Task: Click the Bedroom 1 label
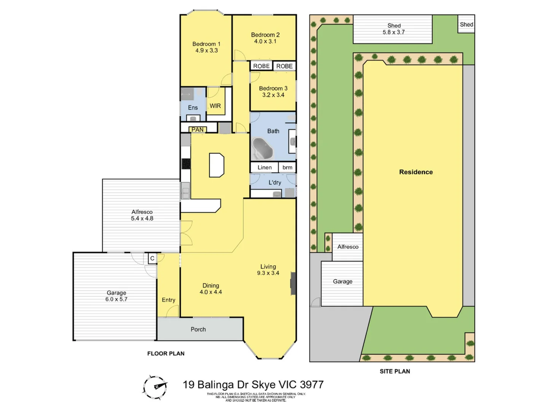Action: click(206, 44)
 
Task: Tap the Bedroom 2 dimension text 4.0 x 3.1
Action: click(265, 41)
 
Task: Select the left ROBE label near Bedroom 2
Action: click(261, 66)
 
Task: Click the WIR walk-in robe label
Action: click(215, 106)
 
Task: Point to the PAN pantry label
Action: click(198, 130)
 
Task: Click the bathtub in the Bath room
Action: click(263, 149)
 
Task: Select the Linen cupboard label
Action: click(264, 167)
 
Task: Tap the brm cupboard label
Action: click(287, 167)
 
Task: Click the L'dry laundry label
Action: click(275, 183)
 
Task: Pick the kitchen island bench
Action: click(217, 165)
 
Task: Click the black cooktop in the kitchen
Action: click(186, 164)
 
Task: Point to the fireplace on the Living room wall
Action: click(293, 283)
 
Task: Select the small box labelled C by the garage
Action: click(152, 258)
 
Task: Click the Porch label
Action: click(198, 330)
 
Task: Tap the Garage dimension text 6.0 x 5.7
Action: click(116, 299)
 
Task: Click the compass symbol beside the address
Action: click(155, 387)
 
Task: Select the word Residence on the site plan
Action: click(416, 172)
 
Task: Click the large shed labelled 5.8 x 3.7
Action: click(393, 29)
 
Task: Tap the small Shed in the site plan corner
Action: click(466, 24)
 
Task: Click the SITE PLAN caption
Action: click(395, 371)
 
